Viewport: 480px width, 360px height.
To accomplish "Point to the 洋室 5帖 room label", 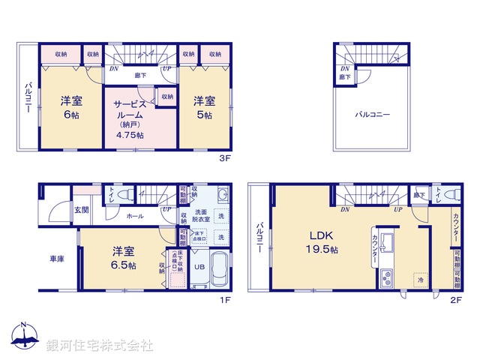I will [205, 106].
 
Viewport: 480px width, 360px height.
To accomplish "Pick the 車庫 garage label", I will [57, 259].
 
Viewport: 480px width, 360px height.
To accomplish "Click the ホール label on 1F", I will [135, 216].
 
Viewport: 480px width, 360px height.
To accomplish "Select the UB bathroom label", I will [199, 267].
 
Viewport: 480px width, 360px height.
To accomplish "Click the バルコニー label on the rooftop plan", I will [373, 115].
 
